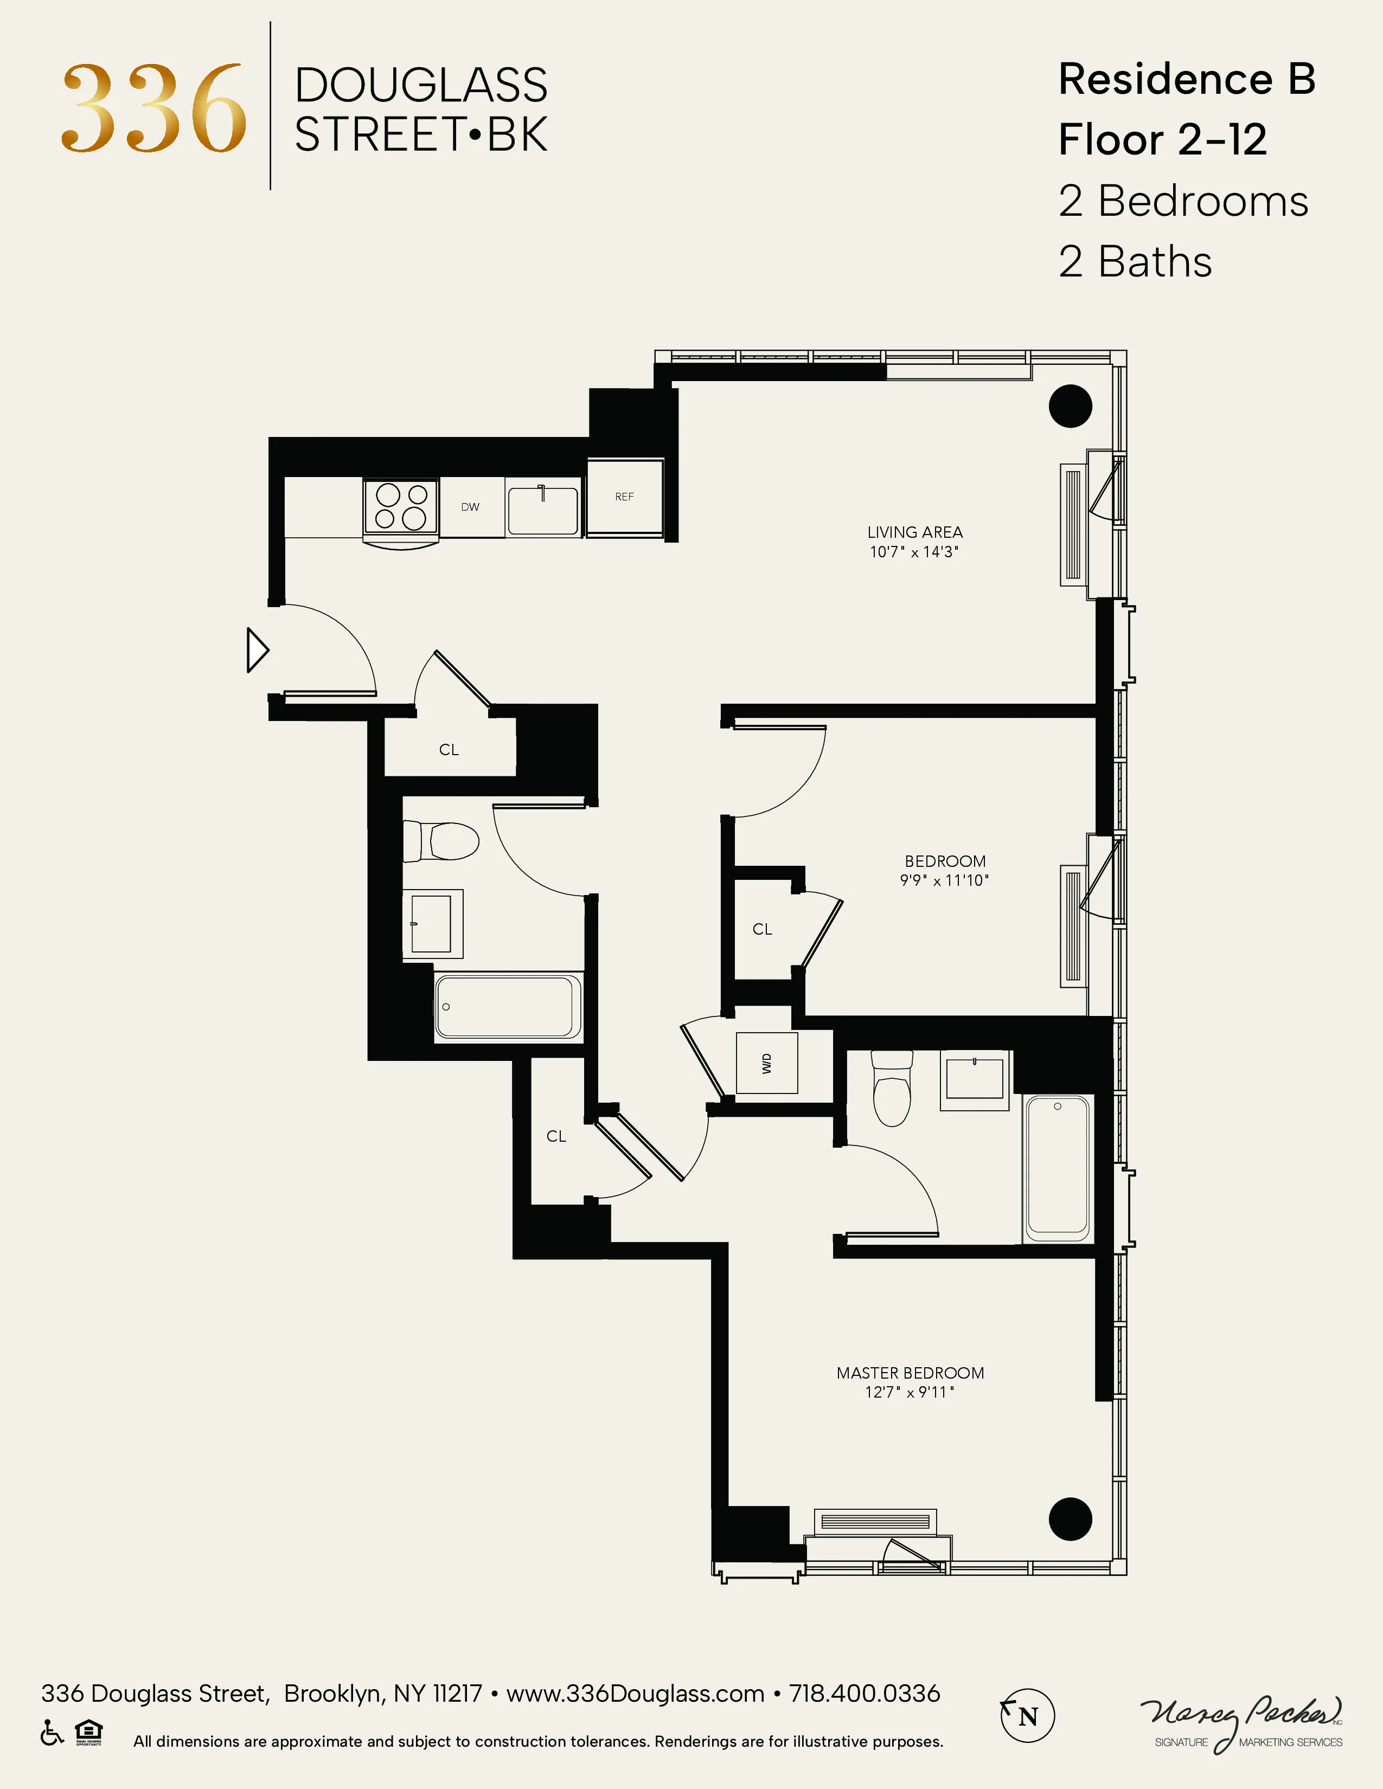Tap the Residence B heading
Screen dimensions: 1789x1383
pos(1186,80)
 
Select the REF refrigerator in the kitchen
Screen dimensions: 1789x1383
pos(624,497)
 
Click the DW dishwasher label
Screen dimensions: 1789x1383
pos(470,507)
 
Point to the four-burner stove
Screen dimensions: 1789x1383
pos(401,506)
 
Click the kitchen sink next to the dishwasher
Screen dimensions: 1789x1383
pos(542,510)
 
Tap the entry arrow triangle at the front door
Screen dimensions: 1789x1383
pos(257,651)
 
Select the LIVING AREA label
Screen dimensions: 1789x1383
pos(914,532)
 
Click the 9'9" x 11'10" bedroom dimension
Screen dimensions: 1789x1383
pos(944,880)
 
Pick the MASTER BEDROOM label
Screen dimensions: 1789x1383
pos(910,1373)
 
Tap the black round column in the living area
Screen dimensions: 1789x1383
pos(1070,406)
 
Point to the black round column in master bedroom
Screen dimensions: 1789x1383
pos(1070,1518)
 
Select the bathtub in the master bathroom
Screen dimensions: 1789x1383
pos(1057,1167)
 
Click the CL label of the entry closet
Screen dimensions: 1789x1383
pos(449,750)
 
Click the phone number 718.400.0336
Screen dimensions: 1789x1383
pos(865,1693)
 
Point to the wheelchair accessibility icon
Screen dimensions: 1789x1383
pos(52,1733)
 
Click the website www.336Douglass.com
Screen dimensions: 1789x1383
pos(635,1693)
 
